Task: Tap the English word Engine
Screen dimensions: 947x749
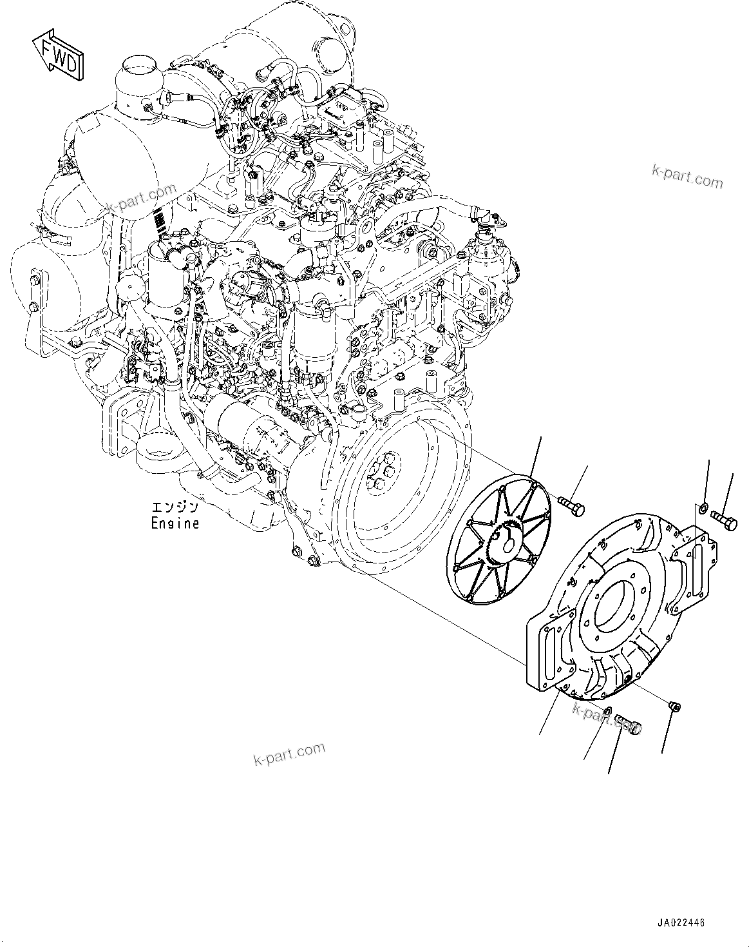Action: click(175, 523)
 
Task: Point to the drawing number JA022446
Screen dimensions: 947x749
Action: click(681, 923)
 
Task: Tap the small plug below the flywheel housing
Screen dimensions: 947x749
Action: click(676, 707)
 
